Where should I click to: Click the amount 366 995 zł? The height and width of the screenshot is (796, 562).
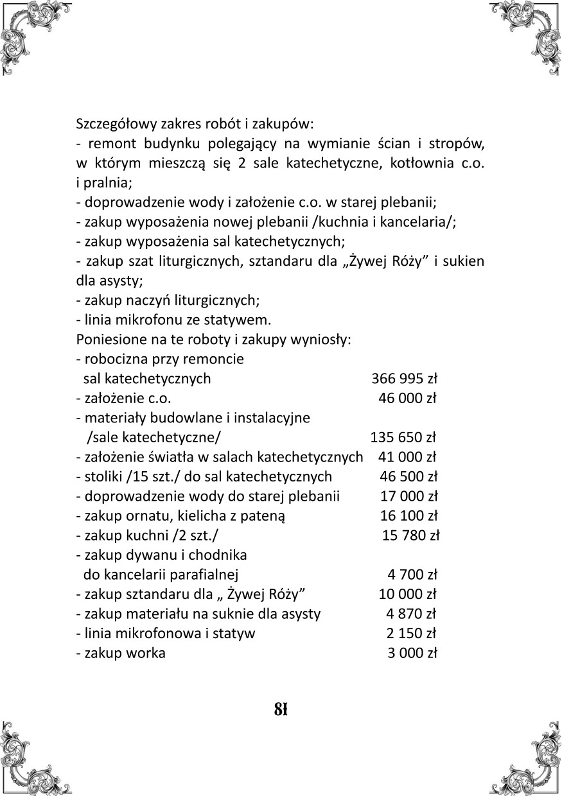click(x=405, y=379)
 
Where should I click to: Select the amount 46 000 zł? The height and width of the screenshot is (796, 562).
click(x=408, y=399)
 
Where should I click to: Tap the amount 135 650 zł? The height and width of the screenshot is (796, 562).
click(x=403, y=438)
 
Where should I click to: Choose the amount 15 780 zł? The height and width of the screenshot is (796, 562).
click(x=411, y=535)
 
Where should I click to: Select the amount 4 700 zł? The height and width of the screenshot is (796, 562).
click(x=412, y=575)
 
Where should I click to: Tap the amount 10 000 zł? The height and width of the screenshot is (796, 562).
click(x=408, y=594)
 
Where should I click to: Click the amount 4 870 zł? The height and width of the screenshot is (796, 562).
click(x=411, y=614)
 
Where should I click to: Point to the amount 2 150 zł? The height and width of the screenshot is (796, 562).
click(x=411, y=634)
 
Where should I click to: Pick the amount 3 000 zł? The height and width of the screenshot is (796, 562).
click(x=412, y=653)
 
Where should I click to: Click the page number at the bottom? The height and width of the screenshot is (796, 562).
click(x=280, y=709)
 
